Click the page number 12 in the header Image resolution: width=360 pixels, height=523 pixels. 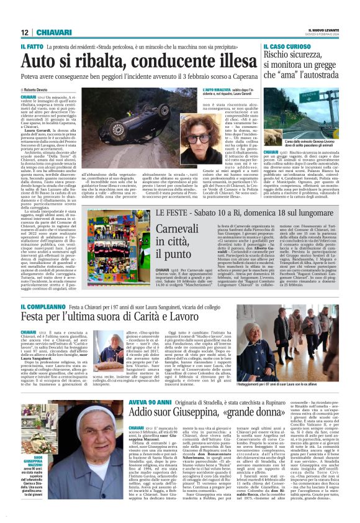pos(24,32)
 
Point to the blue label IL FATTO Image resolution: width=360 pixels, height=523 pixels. pos(32,47)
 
